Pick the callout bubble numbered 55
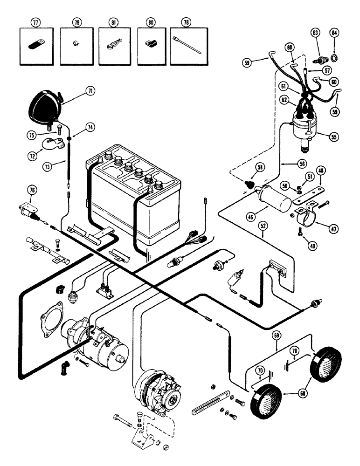click(333, 137)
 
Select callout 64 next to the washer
click(334, 33)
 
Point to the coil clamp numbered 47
click(306, 213)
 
